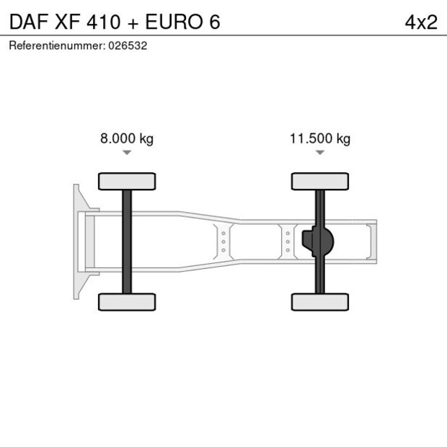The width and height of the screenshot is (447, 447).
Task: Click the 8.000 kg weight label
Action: coord(126,138)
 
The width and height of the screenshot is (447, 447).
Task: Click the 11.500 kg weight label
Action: coord(320,138)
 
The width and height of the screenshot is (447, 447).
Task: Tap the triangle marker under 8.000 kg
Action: coord(127,153)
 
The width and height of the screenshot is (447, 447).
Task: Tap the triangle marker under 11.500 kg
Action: coord(320,153)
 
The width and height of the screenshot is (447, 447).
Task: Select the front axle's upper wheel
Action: coord(127,181)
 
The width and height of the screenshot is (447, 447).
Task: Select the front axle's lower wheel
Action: coord(127,302)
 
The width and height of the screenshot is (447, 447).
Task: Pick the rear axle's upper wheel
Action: coord(320,181)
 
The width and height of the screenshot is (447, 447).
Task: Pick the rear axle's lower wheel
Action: coord(320,302)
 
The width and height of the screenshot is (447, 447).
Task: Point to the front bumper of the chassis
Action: coord(76,242)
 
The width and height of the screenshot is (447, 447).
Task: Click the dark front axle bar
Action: coord(127,242)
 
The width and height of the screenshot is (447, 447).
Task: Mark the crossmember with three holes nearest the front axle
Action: coord(223,242)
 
